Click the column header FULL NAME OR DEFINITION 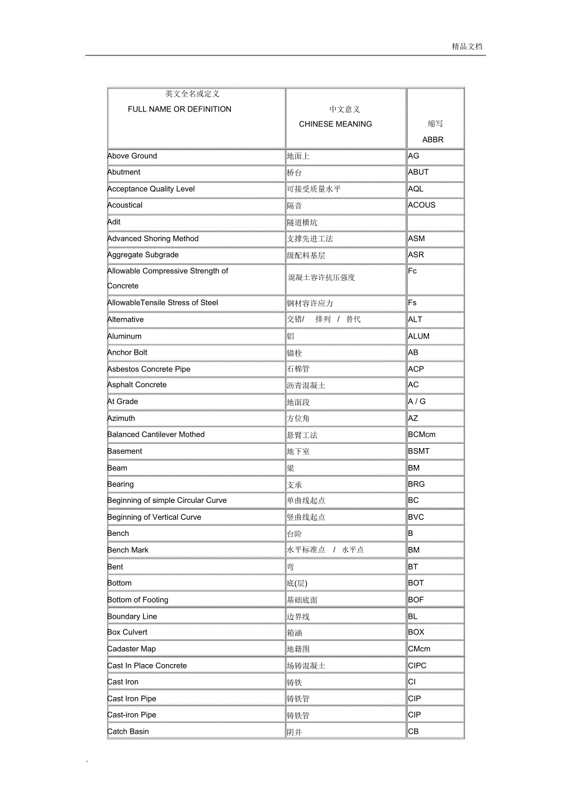[x=179, y=110]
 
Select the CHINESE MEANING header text [x=335, y=124]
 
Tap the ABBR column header [x=433, y=140]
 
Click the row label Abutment [x=124, y=172]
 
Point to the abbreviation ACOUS [x=422, y=205]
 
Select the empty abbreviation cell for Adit [x=435, y=222]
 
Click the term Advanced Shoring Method [x=153, y=239]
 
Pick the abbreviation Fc [x=412, y=271]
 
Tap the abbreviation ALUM [x=418, y=336]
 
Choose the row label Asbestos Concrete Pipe [x=149, y=369]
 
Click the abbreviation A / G [x=417, y=402]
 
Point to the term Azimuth [x=121, y=419]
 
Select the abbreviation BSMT [x=418, y=451]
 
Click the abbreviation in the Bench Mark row [x=413, y=550]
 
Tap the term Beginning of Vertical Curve [x=154, y=517]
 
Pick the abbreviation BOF [x=416, y=600]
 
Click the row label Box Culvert [x=127, y=632]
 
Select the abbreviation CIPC [x=417, y=666]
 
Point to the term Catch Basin [x=128, y=732]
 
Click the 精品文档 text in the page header [x=467, y=47]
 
